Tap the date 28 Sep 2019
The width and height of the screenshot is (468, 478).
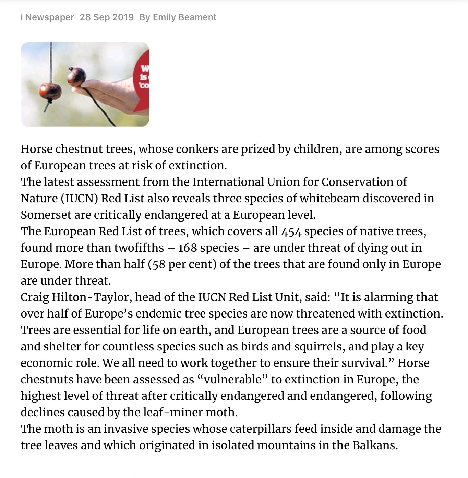click(107, 17)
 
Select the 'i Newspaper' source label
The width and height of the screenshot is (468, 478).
click(47, 17)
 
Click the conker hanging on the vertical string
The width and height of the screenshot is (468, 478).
click(50, 91)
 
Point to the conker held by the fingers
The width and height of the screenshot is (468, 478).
click(76, 75)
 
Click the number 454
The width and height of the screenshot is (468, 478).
click(291, 232)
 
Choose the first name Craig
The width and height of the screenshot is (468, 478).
click(35, 297)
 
